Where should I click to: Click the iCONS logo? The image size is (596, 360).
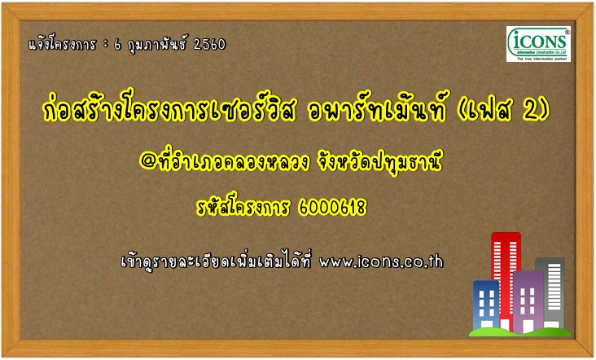[x=538, y=44]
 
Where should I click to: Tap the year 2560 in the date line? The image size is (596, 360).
[x=209, y=45]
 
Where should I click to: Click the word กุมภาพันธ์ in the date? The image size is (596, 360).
[x=157, y=46]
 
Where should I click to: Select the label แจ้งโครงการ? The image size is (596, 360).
[x=63, y=45]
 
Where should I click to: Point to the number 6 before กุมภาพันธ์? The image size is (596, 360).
[x=117, y=46]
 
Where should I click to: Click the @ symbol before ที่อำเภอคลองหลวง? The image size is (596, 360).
[x=147, y=161]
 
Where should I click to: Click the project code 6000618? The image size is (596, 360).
[x=333, y=208]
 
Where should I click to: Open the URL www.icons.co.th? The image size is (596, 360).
[x=381, y=262]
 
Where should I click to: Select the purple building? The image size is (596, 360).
[x=528, y=302]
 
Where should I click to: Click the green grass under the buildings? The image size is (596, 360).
[x=520, y=332]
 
